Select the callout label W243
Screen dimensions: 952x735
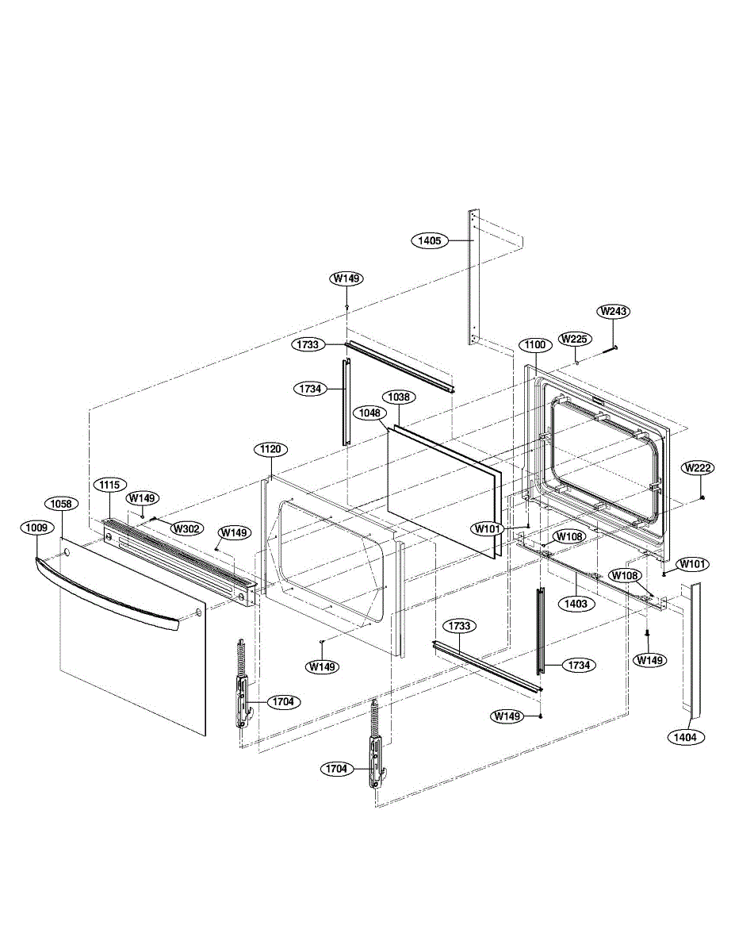click(x=612, y=311)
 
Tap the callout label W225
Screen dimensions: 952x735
click(x=575, y=339)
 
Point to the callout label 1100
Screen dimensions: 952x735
click(x=535, y=345)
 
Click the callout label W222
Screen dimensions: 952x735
click(x=698, y=467)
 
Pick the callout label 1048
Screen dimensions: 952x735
click(x=369, y=413)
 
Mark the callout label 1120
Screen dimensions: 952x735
click(x=270, y=449)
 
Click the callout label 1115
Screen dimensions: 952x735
click(x=109, y=483)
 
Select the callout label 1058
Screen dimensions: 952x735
click(x=61, y=504)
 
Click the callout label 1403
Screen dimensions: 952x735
click(x=576, y=603)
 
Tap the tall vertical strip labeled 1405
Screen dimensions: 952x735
click(x=473, y=278)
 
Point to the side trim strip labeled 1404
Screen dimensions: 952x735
click(x=694, y=643)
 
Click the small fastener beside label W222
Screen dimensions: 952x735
click(x=703, y=497)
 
